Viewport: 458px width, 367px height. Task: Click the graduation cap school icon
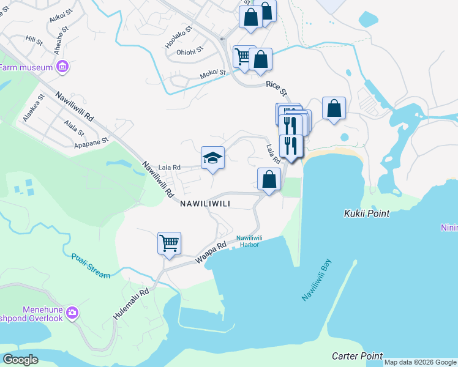click(212, 158)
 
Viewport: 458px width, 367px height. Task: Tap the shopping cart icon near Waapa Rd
click(169, 242)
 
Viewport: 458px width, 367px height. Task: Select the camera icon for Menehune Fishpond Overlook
click(73, 313)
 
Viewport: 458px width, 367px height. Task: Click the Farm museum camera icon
click(61, 66)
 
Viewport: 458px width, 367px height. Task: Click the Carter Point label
click(357, 356)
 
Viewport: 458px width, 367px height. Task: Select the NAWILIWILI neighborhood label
click(205, 204)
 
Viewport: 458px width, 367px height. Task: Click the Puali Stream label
click(91, 266)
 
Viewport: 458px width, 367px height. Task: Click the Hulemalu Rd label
click(131, 303)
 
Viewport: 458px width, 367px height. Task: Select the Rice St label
click(276, 89)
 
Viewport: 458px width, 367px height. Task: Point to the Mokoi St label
click(213, 75)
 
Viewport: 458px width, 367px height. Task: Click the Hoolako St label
click(178, 37)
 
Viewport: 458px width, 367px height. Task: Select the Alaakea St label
click(34, 108)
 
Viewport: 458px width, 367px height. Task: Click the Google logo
click(20, 359)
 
